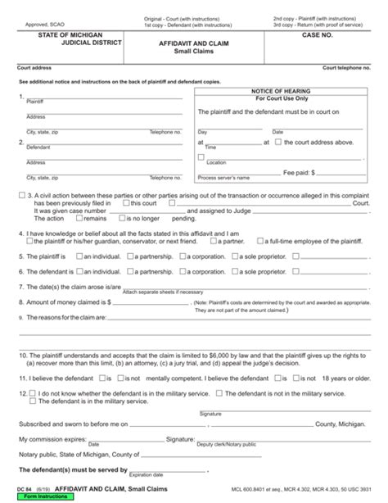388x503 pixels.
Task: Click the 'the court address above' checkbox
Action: (277, 142)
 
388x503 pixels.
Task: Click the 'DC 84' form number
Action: (13, 490)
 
